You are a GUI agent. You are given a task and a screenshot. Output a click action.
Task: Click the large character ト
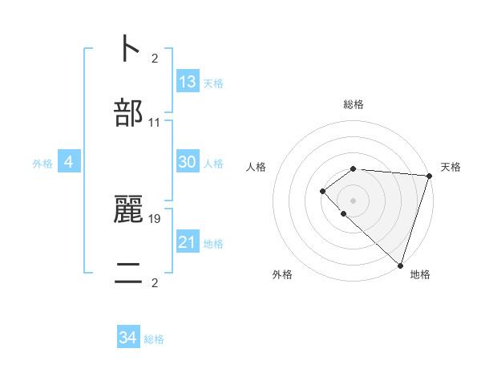click(x=128, y=49)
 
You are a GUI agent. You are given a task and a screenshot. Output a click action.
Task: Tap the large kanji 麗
click(x=128, y=209)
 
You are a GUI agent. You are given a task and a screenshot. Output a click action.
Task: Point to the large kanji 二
click(x=128, y=273)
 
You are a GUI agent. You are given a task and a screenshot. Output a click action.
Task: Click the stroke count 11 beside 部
click(x=155, y=123)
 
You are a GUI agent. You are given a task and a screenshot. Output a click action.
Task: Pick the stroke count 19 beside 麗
click(x=155, y=217)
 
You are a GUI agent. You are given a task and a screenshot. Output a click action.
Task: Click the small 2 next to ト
click(x=155, y=58)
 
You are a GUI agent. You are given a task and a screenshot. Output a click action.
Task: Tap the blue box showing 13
click(x=188, y=82)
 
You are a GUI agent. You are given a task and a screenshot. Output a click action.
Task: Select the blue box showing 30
click(x=188, y=162)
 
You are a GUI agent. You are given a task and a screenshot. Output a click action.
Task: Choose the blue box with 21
click(x=188, y=242)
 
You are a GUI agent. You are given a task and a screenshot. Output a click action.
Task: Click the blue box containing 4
click(x=69, y=162)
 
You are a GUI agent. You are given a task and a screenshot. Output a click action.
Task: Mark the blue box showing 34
click(x=128, y=338)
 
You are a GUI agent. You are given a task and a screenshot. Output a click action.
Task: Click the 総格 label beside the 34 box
click(x=154, y=339)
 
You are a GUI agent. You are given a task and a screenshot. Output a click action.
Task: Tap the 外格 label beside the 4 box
click(x=42, y=164)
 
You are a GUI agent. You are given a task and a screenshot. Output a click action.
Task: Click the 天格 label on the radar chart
click(x=451, y=167)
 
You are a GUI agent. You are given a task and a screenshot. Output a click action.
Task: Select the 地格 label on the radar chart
click(x=420, y=275)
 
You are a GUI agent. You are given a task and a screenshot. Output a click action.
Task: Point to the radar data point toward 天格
click(x=429, y=175)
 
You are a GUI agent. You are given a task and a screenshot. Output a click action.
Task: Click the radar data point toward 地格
click(x=400, y=265)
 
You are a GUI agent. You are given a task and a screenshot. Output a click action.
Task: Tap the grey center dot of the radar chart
click(x=353, y=200)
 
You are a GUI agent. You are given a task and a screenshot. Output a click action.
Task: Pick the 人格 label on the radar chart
click(x=257, y=167)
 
